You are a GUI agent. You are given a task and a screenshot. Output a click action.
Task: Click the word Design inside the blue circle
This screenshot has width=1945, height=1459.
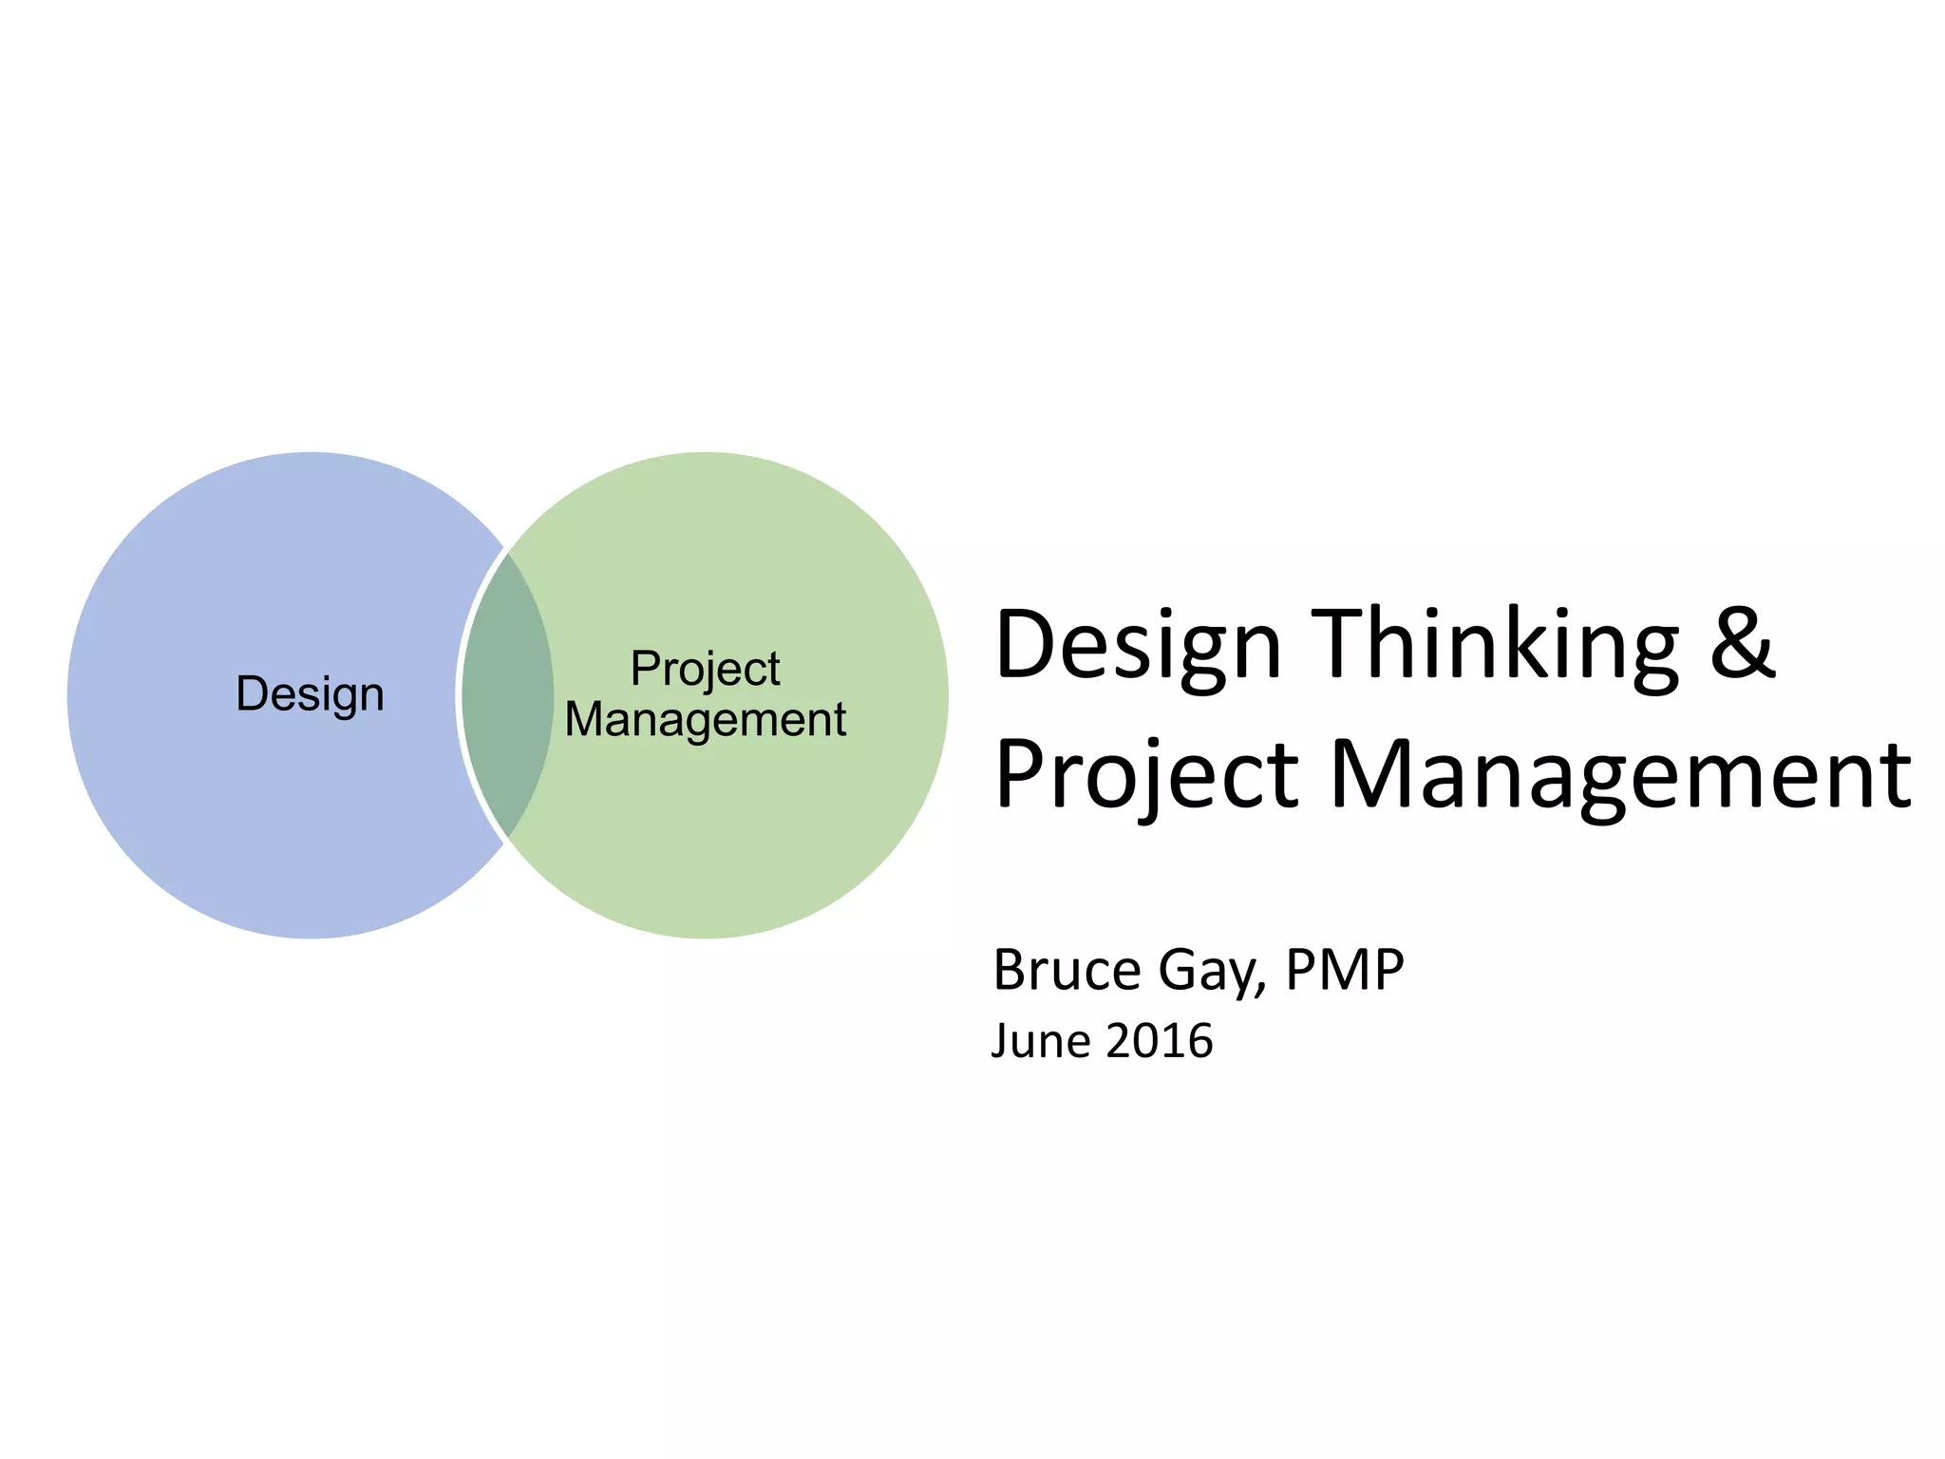click(x=310, y=694)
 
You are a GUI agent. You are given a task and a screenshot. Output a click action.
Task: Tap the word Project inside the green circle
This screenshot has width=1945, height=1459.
click(x=705, y=670)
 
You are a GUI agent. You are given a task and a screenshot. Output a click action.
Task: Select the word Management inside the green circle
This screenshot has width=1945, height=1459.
click(x=705, y=719)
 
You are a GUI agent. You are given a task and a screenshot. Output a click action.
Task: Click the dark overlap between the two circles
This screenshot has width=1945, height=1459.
click(x=507, y=694)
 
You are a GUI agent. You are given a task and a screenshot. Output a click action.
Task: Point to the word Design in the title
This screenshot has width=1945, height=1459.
click(x=1138, y=646)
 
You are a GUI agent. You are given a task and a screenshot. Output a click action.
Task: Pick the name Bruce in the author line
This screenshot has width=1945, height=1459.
click(x=1067, y=970)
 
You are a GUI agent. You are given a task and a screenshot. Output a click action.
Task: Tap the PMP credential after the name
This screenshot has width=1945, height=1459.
click(x=1344, y=970)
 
